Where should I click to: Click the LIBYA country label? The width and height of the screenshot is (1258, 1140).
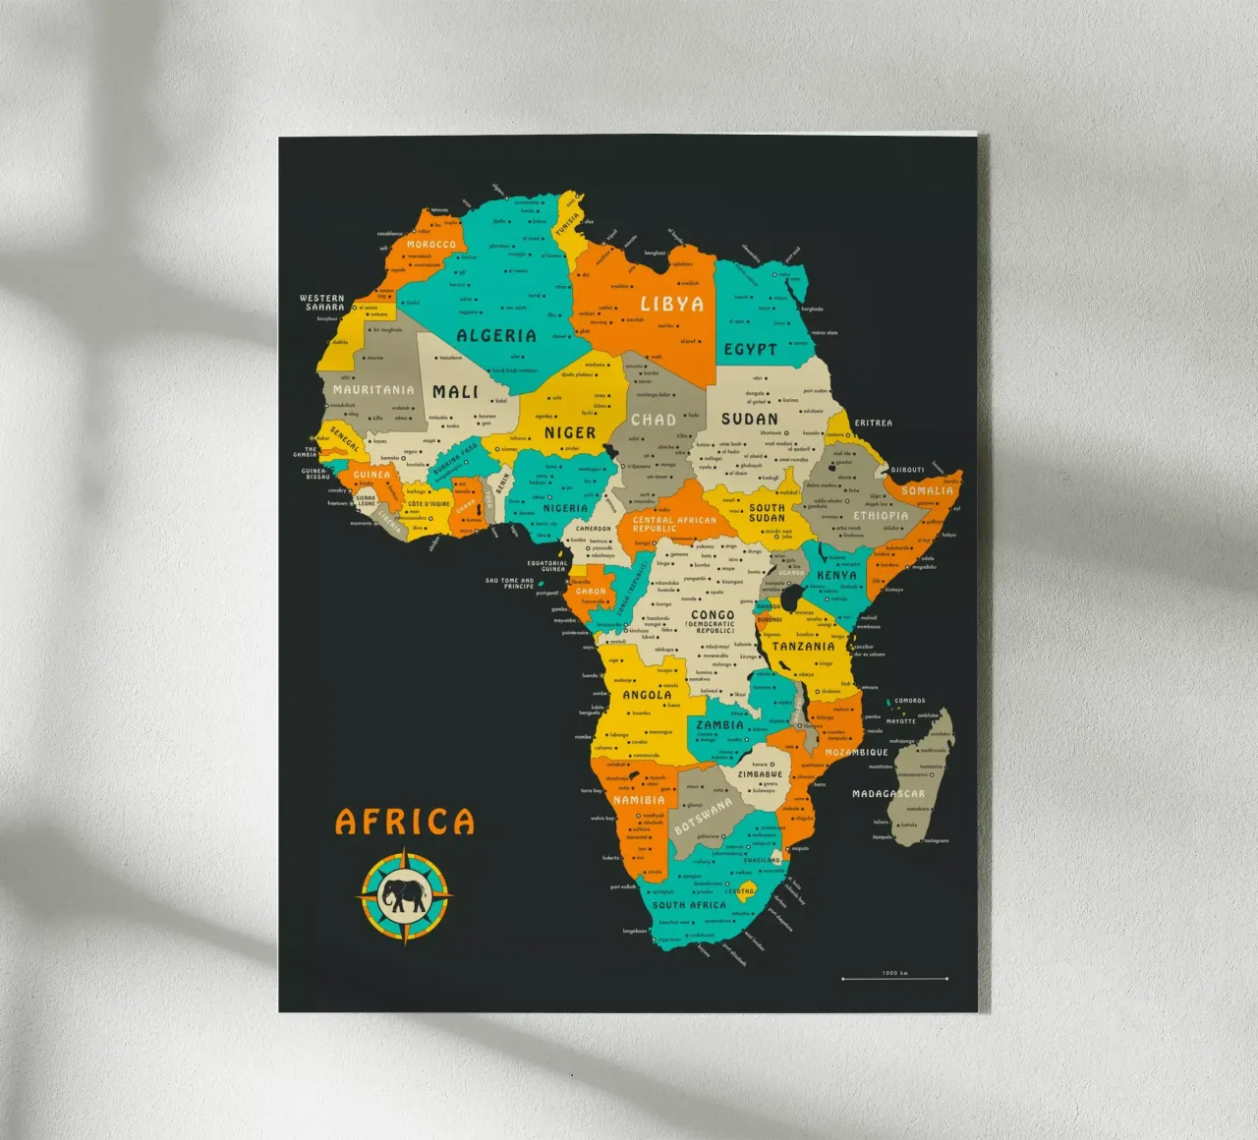coord(672,304)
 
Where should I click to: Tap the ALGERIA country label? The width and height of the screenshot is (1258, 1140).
coord(496,336)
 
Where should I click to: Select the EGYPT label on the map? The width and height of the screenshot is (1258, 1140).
coord(751,349)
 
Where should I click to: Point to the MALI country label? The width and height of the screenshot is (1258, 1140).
coord(456,391)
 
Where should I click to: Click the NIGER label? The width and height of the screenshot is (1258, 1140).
coord(570,432)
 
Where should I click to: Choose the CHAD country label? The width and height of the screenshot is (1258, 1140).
coord(654,420)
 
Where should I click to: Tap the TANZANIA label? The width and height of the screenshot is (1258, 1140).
coord(803,647)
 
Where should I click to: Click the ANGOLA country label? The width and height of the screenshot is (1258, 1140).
coord(648,695)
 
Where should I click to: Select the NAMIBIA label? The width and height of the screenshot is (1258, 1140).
coord(640,800)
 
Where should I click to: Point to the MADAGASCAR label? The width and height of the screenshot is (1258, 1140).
coord(887,794)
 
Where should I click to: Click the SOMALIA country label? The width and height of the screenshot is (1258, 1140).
coord(927,490)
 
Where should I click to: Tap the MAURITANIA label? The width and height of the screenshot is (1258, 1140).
coord(373,390)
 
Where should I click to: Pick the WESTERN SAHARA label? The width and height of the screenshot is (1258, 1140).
coord(322,302)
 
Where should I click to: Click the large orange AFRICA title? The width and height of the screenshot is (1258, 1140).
coord(405,822)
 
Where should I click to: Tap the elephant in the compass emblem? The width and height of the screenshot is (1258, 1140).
coord(405,894)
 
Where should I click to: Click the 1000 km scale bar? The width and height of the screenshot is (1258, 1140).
coord(894,978)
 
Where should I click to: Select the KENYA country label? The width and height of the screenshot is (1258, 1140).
coord(836,575)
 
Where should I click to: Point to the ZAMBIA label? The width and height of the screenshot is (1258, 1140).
coord(720,725)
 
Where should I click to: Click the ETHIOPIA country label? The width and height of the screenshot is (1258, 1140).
coord(881,515)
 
